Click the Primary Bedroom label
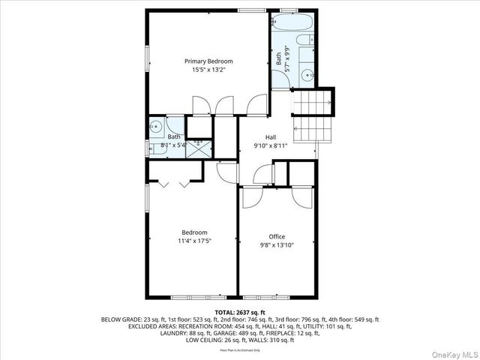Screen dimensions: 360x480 208,61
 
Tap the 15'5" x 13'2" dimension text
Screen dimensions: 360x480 208,70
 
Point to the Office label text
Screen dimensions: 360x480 277,236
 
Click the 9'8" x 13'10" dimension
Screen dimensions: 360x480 277,245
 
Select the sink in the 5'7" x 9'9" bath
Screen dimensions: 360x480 308,74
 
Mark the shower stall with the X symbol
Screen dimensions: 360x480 199,146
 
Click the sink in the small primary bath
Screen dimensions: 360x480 156,126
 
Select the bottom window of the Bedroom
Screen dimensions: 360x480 193,296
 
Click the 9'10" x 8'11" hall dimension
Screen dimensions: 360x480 271,145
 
